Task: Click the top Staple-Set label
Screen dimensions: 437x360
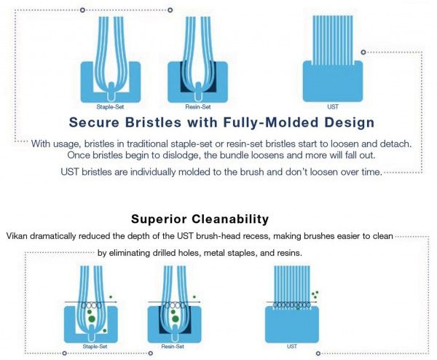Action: click(x=110, y=107)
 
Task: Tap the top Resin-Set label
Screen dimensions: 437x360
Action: click(x=198, y=107)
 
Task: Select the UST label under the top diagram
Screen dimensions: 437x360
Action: click(x=333, y=107)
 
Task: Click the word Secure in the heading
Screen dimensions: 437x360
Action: click(x=94, y=122)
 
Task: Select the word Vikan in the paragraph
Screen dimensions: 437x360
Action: click(x=17, y=236)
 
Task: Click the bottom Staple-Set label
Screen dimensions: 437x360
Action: click(x=95, y=346)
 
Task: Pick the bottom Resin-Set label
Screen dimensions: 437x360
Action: click(x=173, y=346)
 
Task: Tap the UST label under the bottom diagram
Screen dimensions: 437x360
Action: click(x=292, y=346)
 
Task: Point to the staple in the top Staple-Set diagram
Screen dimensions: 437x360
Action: click(x=111, y=92)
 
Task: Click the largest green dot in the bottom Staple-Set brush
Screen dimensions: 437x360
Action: click(x=92, y=319)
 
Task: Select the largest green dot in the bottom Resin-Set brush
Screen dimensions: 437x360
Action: click(x=176, y=319)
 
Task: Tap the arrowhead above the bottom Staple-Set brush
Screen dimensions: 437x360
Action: click(x=115, y=302)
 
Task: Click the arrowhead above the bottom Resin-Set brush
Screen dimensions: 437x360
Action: click(x=199, y=302)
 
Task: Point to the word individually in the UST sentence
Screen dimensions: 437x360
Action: click(x=153, y=172)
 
